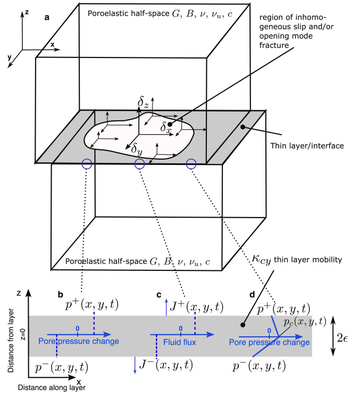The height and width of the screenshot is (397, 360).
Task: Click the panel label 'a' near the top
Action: click(47, 18)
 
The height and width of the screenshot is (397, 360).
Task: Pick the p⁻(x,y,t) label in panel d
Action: click(261, 365)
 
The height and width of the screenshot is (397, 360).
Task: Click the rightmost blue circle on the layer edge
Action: click(192, 164)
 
